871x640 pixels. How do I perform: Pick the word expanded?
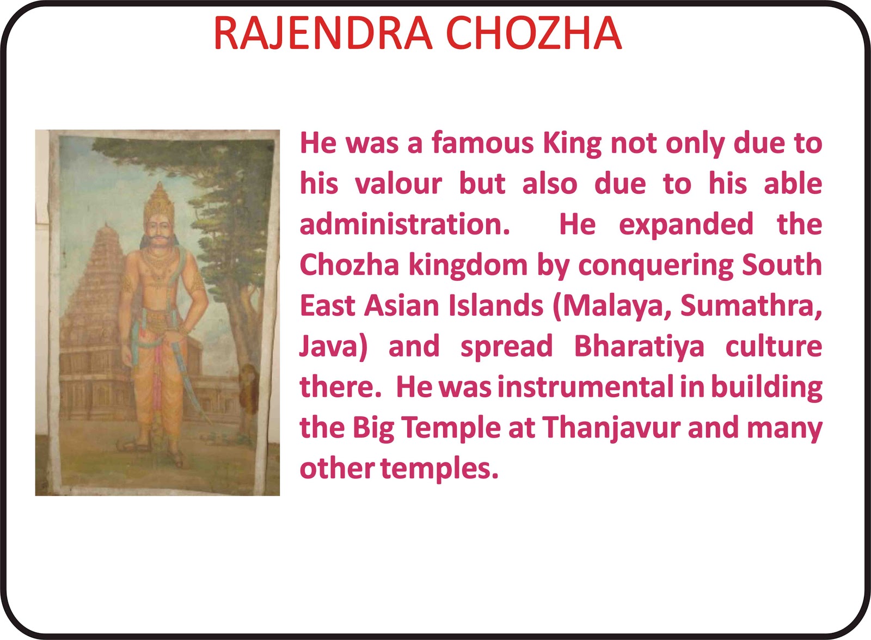(x=685, y=225)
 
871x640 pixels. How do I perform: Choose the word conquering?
(x=655, y=266)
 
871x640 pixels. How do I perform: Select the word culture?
(x=774, y=347)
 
